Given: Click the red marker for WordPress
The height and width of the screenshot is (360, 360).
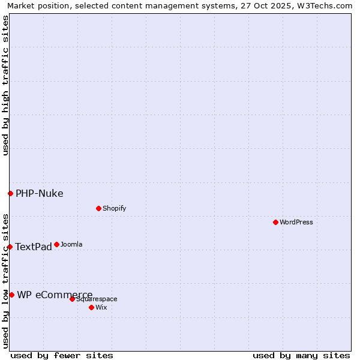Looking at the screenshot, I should point(275,222).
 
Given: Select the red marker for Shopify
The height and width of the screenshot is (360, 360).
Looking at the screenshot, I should point(98,208).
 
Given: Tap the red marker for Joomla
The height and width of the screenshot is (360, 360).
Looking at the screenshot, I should point(56,244).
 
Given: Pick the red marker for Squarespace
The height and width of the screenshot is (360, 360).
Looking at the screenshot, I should point(72,299).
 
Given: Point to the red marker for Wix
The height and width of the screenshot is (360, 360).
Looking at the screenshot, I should point(91,307).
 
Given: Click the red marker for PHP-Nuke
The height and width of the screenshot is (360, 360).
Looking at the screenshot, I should point(10,193).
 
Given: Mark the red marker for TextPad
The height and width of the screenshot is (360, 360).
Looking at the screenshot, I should point(10,247).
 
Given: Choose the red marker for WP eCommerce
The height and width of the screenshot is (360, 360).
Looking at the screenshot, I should point(11,295).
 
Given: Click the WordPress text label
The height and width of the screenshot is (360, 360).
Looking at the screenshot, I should point(296,222).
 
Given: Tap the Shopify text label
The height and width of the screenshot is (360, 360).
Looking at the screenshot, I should point(114,208).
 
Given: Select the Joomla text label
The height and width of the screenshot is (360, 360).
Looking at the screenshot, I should point(71,244).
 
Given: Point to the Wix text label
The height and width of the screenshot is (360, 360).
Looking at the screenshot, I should point(101,307).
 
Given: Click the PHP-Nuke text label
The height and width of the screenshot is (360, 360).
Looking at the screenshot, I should point(40,193).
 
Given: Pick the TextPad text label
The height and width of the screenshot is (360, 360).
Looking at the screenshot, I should point(34,247).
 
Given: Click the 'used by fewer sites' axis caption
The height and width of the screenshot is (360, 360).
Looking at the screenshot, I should point(62,355).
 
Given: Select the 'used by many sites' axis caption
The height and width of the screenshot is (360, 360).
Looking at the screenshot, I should point(301,355).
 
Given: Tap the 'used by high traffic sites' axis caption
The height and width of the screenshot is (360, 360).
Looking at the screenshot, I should point(5,85).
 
